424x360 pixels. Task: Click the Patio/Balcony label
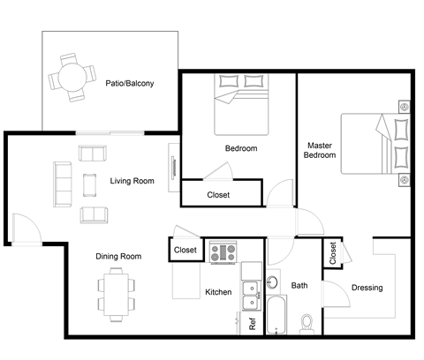click(129, 85)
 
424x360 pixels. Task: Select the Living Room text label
click(132, 182)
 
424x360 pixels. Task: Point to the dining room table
click(115, 289)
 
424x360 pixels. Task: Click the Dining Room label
click(118, 256)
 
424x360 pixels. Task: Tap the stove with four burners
click(223, 252)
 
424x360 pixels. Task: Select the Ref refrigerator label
click(253, 323)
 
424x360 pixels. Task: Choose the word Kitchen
click(218, 292)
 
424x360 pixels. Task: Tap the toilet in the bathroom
click(307, 321)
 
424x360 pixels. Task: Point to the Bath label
click(299, 285)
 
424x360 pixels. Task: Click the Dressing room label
click(367, 288)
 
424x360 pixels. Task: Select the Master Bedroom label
click(320, 150)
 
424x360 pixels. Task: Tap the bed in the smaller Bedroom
click(241, 105)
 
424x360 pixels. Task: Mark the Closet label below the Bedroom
click(219, 195)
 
